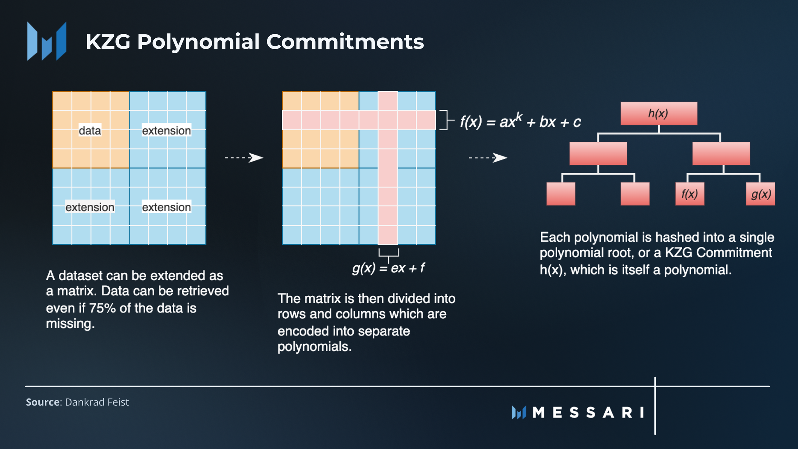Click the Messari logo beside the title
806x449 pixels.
47,41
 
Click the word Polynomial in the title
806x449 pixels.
198,41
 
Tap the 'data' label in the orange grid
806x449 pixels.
90,131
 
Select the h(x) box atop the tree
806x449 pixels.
658,113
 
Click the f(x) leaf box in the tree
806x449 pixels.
689,194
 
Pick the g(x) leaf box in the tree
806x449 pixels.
760,194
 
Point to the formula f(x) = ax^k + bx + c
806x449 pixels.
520,121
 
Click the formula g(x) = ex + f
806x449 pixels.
388,268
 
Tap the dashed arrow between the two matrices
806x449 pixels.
244,157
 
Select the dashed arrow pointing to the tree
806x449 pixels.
488,157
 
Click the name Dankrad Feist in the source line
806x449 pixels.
97,402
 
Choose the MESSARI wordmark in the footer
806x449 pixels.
588,412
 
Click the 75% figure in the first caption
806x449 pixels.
102,308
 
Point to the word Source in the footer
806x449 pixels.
43,402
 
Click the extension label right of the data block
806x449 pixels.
166,131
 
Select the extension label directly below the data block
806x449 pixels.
90,207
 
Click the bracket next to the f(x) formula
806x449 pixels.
446,120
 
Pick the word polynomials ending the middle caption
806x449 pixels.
314,347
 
